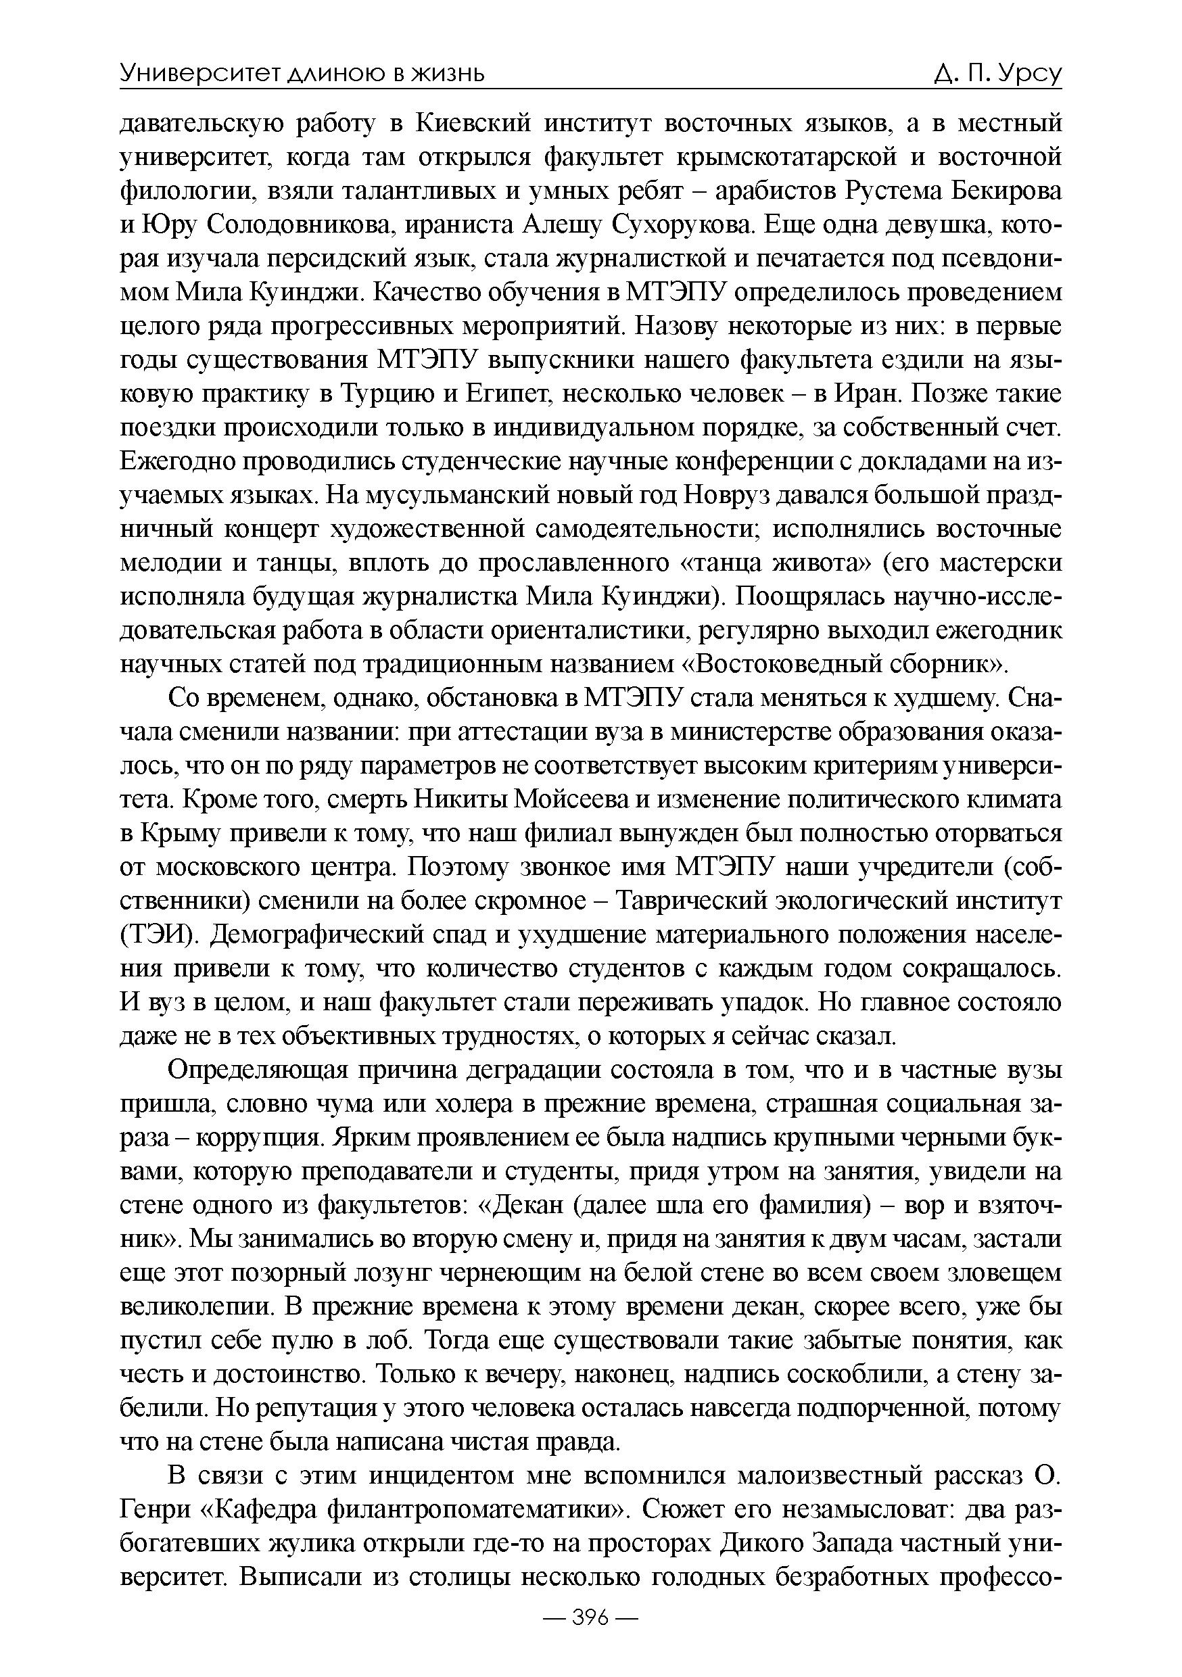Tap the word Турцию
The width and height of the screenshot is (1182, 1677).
point(382,394)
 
